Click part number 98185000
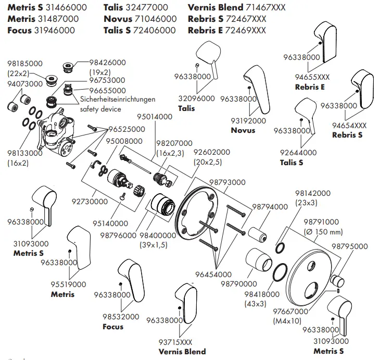pyautogui.click(x=25, y=63)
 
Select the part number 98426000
pyautogui.click(x=108, y=63)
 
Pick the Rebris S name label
pyautogui.click(x=347, y=135)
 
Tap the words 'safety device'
pyautogui.click(x=100, y=109)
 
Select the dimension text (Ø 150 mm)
pyautogui.click(x=323, y=231)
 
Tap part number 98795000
pyautogui.click(x=349, y=246)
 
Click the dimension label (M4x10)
pyautogui.click(x=287, y=321)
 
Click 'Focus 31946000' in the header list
pyautogui.click(x=41, y=30)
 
